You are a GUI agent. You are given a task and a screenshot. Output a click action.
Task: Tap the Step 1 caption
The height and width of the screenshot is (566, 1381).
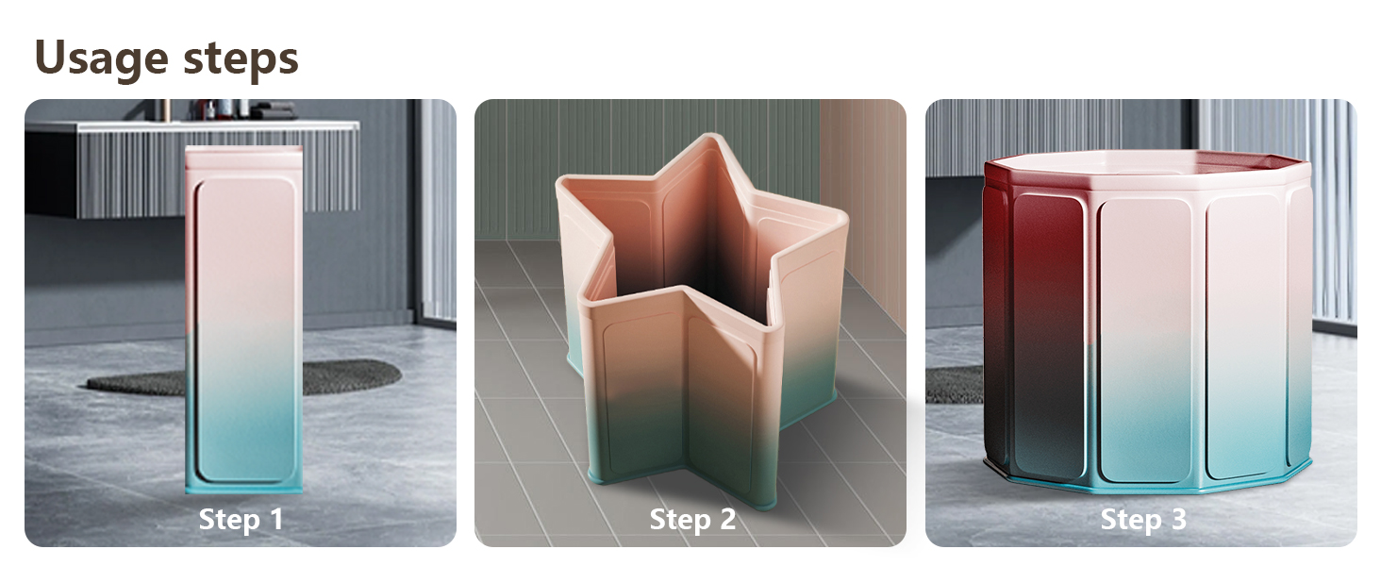pyautogui.click(x=241, y=519)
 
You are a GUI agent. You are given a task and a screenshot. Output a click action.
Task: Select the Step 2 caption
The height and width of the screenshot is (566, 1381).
pyautogui.click(x=692, y=519)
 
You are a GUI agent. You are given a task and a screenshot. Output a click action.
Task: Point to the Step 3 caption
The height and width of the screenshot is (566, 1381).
pyautogui.click(x=1143, y=519)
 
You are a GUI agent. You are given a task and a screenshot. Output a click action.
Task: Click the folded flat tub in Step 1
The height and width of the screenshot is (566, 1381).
pyautogui.click(x=244, y=320)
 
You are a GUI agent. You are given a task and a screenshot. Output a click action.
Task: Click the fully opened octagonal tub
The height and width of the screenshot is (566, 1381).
pyautogui.click(x=1147, y=322)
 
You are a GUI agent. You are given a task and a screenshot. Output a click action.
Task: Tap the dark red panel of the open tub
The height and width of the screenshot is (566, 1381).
pyautogui.click(x=1042, y=321)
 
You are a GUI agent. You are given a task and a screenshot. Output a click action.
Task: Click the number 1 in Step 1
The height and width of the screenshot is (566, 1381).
pyautogui.click(x=276, y=518)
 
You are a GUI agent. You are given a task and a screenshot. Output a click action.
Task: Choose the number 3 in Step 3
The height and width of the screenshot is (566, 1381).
pyautogui.click(x=1179, y=519)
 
